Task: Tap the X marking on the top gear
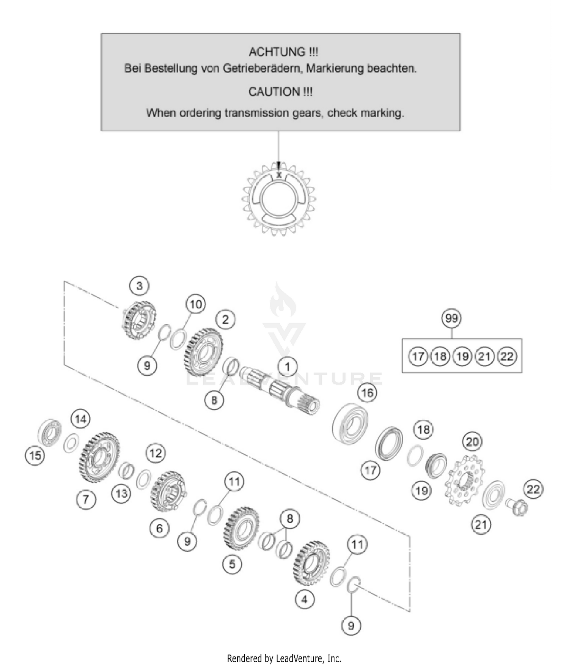(x=279, y=175)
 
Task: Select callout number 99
(x=451, y=318)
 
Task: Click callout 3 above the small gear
(x=139, y=285)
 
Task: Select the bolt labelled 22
(x=517, y=507)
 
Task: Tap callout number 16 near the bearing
(x=367, y=392)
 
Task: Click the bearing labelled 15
(x=50, y=432)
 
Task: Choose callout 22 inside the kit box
(x=507, y=356)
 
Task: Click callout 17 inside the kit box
(x=418, y=356)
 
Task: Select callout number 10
(x=195, y=304)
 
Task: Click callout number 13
(x=121, y=493)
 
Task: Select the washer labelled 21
(x=494, y=495)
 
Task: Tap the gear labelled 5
(x=241, y=528)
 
